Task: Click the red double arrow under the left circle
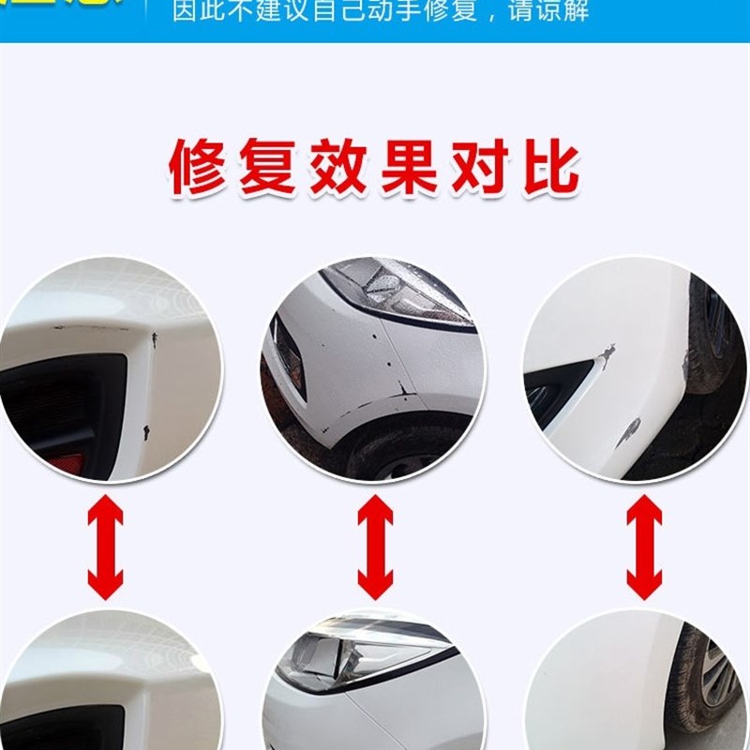(x=105, y=547)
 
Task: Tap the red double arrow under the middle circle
(x=375, y=547)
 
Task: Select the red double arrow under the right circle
(x=644, y=547)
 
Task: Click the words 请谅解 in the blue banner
(x=545, y=12)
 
